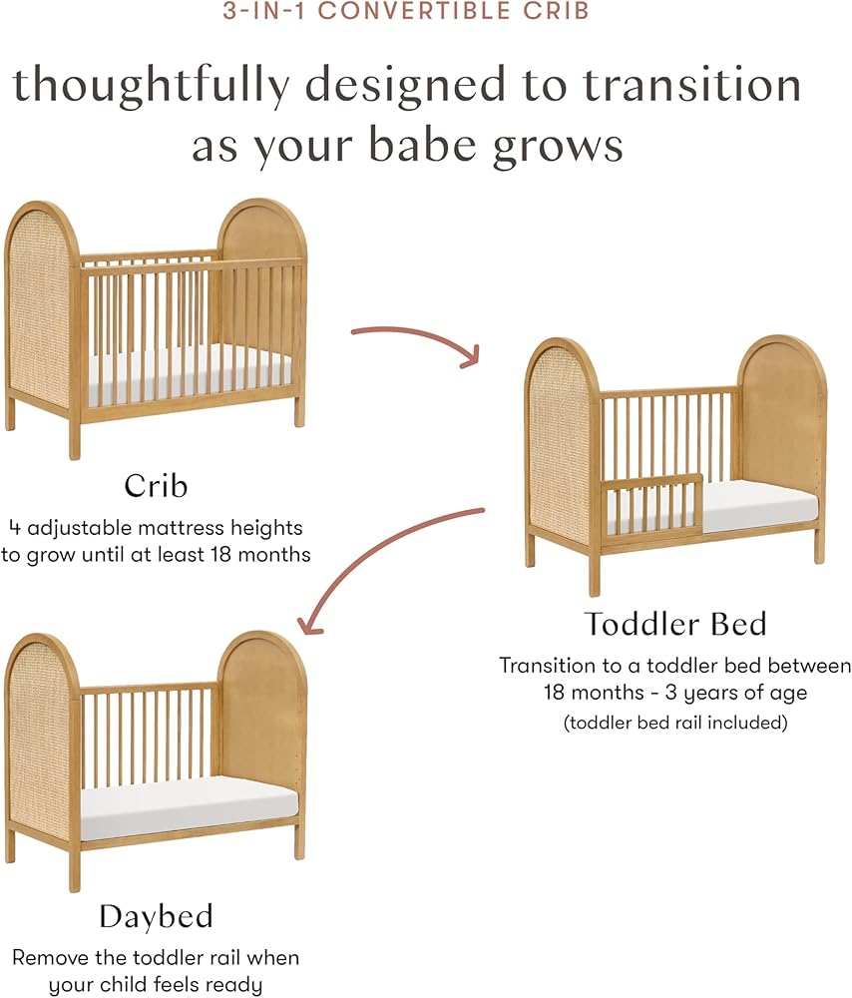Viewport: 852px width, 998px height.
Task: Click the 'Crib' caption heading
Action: click(x=156, y=486)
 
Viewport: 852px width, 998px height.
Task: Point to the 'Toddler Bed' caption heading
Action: click(x=675, y=624)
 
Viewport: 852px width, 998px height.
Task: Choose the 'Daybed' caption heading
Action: click(x=156, y=917)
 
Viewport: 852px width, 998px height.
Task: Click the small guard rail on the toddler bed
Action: click(x=651, y=509)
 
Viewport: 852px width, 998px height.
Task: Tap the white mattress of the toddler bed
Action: click(x=758, y=503)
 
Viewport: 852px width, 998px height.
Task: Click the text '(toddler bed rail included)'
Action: click(x=675, y=723)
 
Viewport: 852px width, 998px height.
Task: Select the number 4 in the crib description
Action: click(x=15, y=528)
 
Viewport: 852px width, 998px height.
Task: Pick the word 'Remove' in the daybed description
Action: click(x=50, y=957)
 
